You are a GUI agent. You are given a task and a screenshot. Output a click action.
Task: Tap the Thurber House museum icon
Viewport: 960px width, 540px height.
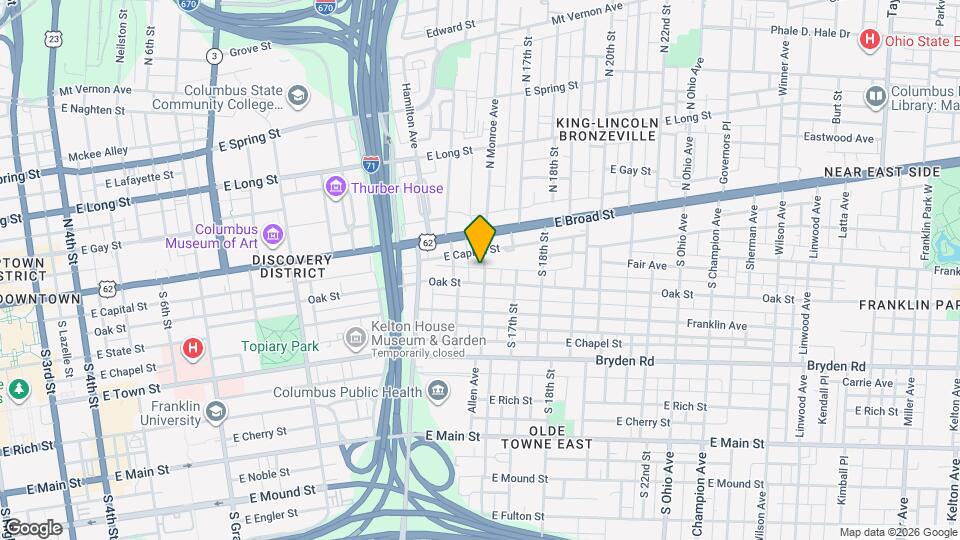tap(335, 188)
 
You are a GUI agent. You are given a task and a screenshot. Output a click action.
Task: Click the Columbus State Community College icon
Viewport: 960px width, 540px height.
tap(297, 96)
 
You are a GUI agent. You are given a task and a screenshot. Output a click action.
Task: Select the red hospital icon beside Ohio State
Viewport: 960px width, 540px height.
tap(870, 39)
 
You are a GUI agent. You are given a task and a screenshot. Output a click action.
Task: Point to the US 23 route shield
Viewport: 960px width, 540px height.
tap(53, 38)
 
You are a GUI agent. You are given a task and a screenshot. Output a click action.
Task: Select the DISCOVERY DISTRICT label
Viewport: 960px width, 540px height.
tap(291, 265)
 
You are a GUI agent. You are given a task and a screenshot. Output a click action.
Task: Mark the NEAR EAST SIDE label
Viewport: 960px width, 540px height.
tap(882, 172)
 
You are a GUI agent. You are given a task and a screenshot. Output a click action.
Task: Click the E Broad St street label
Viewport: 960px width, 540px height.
tap(583, 215)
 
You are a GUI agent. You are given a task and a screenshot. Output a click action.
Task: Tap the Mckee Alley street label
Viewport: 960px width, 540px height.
tap(97, 151)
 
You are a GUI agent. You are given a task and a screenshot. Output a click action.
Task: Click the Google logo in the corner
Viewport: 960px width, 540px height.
tap(32, 527)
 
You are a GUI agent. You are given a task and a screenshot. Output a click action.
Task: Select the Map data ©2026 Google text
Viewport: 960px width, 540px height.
tap(897, 532)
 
